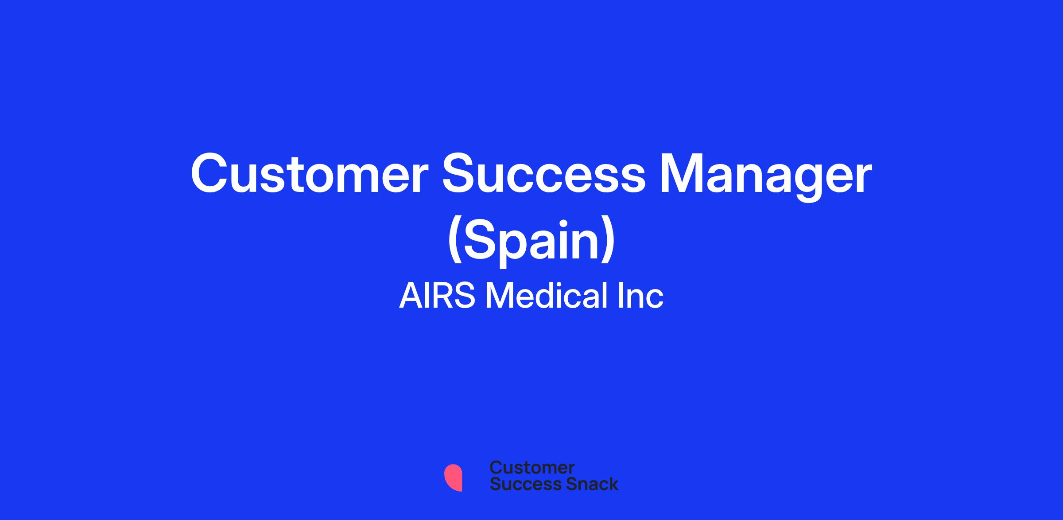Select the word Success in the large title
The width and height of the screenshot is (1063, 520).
click(x=544, y=174)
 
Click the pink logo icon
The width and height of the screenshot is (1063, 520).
click(x=453, y=477)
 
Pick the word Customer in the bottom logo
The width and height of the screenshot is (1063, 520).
click(x=532, y=468)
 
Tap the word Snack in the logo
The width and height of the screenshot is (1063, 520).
click(x=586, y=484)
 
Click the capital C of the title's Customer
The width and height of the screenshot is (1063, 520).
click(x=209, y=174)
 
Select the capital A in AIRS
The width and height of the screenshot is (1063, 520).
click(x=411, y=296)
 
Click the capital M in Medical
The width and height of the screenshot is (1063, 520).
click(x=500, y=296)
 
